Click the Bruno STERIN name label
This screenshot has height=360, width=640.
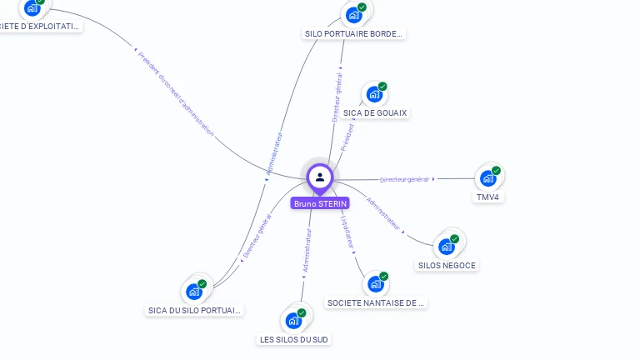(320, 203)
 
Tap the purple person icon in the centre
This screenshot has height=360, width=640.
(320, 177)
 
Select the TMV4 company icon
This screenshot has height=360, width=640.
(487, 178)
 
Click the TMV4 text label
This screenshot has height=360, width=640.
(486, 197)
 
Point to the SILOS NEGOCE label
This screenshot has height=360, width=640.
(447, 265)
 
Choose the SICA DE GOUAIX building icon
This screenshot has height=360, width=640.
(374, 95)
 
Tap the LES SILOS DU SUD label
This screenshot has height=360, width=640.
(294, 339)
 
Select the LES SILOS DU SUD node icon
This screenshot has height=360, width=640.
(293, 320)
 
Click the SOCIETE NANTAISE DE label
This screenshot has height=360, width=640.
(376, 303)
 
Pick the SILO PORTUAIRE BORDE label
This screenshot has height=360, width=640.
(354, 34)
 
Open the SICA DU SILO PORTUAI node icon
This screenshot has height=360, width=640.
(195, 292)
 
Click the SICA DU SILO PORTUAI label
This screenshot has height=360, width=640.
(194, 311)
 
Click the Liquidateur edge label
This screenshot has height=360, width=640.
(347, 232)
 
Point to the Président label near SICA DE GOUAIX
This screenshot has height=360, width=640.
(347, 137)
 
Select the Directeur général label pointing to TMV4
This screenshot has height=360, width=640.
(404, 179)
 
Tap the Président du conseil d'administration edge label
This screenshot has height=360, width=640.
(176, 93)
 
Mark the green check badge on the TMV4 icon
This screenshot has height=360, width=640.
(496, 171)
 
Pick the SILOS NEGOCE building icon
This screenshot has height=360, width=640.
(447, 247)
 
